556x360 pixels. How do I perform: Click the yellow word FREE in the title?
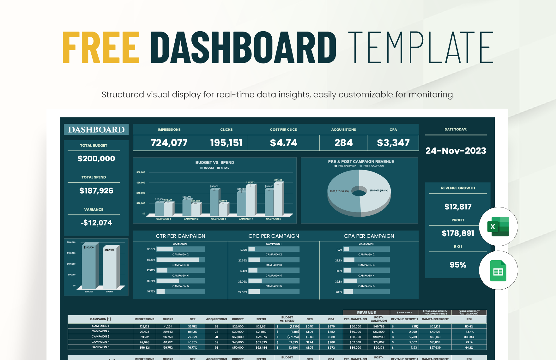click(x=101, y=47)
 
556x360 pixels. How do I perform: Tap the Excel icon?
click(x=498, y=226)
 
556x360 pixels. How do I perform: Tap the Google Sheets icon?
click(x=498, y=271)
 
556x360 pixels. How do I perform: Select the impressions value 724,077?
click(x=169, y=143)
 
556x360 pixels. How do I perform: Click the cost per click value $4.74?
click(x=283, y=143)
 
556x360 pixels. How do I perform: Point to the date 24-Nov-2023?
click(x=456, y=151)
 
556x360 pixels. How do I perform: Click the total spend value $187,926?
click(x=96, y=191)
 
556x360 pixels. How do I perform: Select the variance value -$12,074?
click(x=96, y=223)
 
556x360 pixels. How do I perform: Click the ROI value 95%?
click(x=458, y=265)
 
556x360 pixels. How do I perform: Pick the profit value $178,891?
click(x=458, y=233)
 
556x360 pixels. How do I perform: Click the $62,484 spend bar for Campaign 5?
click(x=278, y=199)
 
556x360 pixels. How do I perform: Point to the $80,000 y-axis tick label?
click(x=141, y=172)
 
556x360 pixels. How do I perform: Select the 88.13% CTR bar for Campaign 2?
click(x=178, y=260)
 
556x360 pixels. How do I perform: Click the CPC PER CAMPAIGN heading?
click(x=274, y=236)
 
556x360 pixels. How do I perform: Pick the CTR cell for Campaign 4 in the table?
click(x=192, y=342)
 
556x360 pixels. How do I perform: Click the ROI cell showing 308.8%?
click(x=469, y=337)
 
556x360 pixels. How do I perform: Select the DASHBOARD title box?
click(x=96, y=129)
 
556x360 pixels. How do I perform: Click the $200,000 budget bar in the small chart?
click(x=89, y=267)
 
